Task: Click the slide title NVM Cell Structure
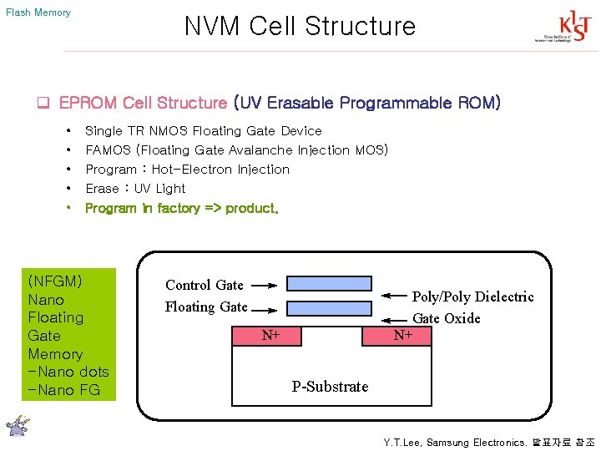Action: click(300, 26)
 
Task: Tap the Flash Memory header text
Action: click(38, 13)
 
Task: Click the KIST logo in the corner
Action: click(554, 28)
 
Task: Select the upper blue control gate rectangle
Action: click(329, 283)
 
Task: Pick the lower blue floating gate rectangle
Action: click(329, 308)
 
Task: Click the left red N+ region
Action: click(270, 335)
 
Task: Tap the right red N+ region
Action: click(402, 335)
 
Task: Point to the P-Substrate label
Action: click(330, 386)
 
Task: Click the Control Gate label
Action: click(205, 285)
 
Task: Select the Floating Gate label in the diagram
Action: click(206, 307)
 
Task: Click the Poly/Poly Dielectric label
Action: click(472, 296)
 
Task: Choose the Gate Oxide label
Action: click(447, 318)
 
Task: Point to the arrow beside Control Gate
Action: click(263, 286)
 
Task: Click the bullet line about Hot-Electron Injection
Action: click(188, 170)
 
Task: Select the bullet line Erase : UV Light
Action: click(135, 189)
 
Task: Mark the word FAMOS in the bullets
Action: click(108, 150)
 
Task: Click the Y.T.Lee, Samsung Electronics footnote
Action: click(488, 442)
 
